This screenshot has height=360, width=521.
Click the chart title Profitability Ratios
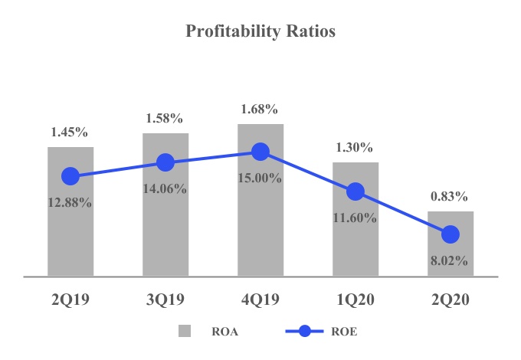tap(260, 33)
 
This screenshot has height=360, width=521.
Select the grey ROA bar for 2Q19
tap(70, 230)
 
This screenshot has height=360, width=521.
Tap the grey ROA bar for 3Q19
tap(165, 222)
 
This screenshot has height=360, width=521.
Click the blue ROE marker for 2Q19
tap(70, 176)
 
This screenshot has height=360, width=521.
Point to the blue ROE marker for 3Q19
tap(165, 162)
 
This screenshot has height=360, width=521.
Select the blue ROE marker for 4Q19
tap(260, 152)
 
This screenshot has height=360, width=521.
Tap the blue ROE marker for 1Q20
tap(356, 191)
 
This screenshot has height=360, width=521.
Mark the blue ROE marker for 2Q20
tap(451, 234)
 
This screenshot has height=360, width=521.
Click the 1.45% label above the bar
tap(70, 133)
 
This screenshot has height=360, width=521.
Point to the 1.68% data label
tap(260, 110)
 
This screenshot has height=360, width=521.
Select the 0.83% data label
tap(451, 196)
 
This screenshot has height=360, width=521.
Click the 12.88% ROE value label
tap(70, 203)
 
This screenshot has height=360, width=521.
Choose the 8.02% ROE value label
tap(451, 260)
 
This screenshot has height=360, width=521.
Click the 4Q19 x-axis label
tap(260, 301)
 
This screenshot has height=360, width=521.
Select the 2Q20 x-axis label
tap(451, 301)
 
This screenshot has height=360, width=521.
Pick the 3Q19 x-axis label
tap(165, 301)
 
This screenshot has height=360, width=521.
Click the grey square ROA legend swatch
tap(185, 332)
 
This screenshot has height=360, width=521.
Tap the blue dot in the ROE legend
tap(304, 332)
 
